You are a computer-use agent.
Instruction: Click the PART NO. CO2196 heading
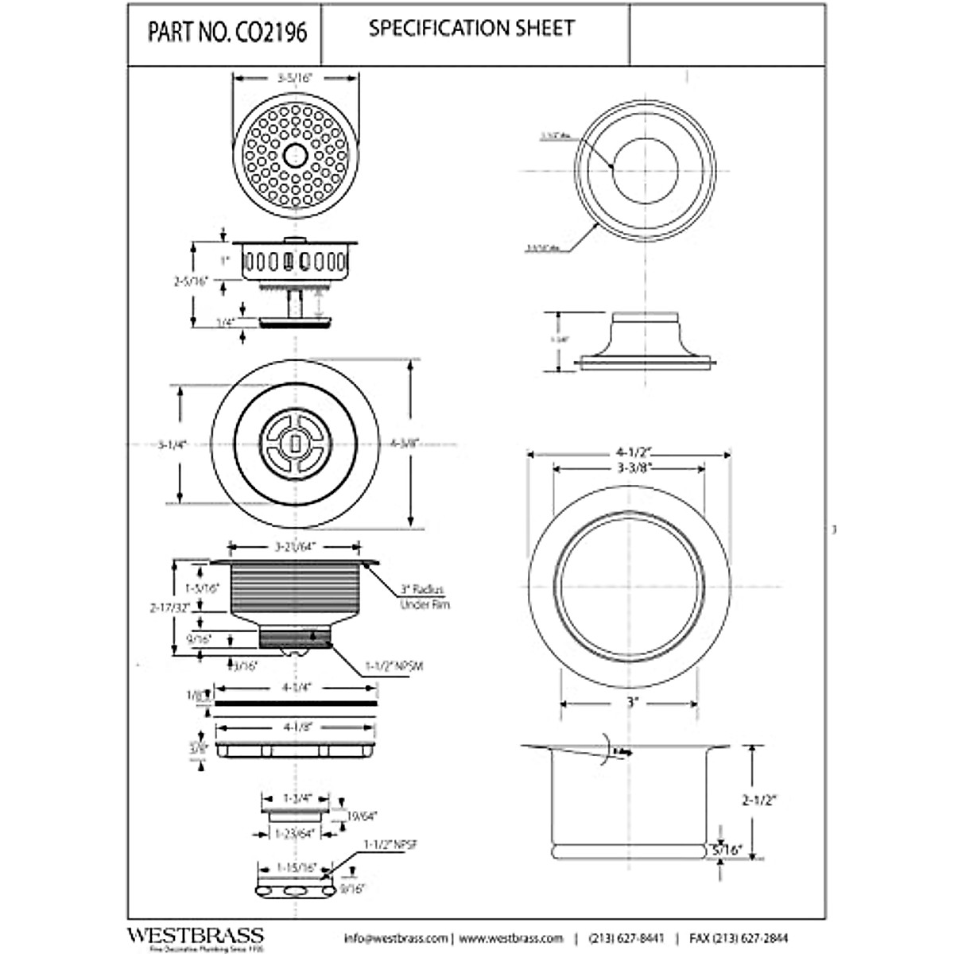pyautogui.click(x=227, y=35)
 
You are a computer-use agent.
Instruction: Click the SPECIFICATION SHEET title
pyautogui.click(x=471, y=29)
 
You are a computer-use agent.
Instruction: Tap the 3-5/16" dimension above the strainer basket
pyautogui.click(x=295, y=79)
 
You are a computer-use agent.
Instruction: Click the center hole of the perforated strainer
pyautogui.click(x=295, y=154)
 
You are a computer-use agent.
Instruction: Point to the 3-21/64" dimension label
pyautogui.click(x=296, y=547)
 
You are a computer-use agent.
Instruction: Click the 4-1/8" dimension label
pyautogui.click(x=295, y=726)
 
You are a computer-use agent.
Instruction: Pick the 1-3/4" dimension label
pyautogui.click(x=295, y=797)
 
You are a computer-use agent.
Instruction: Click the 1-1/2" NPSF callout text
pyautogui.click(x=390, y=846)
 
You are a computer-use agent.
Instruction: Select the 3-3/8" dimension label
pyautogui.click(x=629, y=468)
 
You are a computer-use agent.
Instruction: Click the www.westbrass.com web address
pyautogui.click(x=510, y=938)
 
